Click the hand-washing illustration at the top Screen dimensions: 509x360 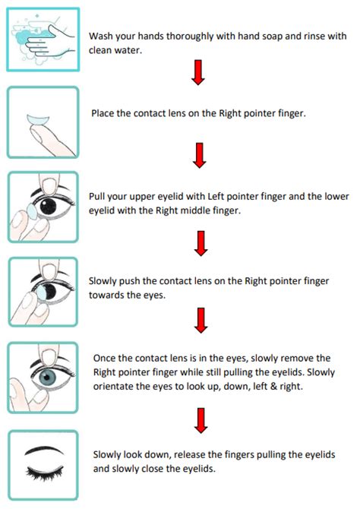[42, 36]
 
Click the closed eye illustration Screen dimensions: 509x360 [42, 460]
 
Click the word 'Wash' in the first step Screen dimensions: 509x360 [102, 36]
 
